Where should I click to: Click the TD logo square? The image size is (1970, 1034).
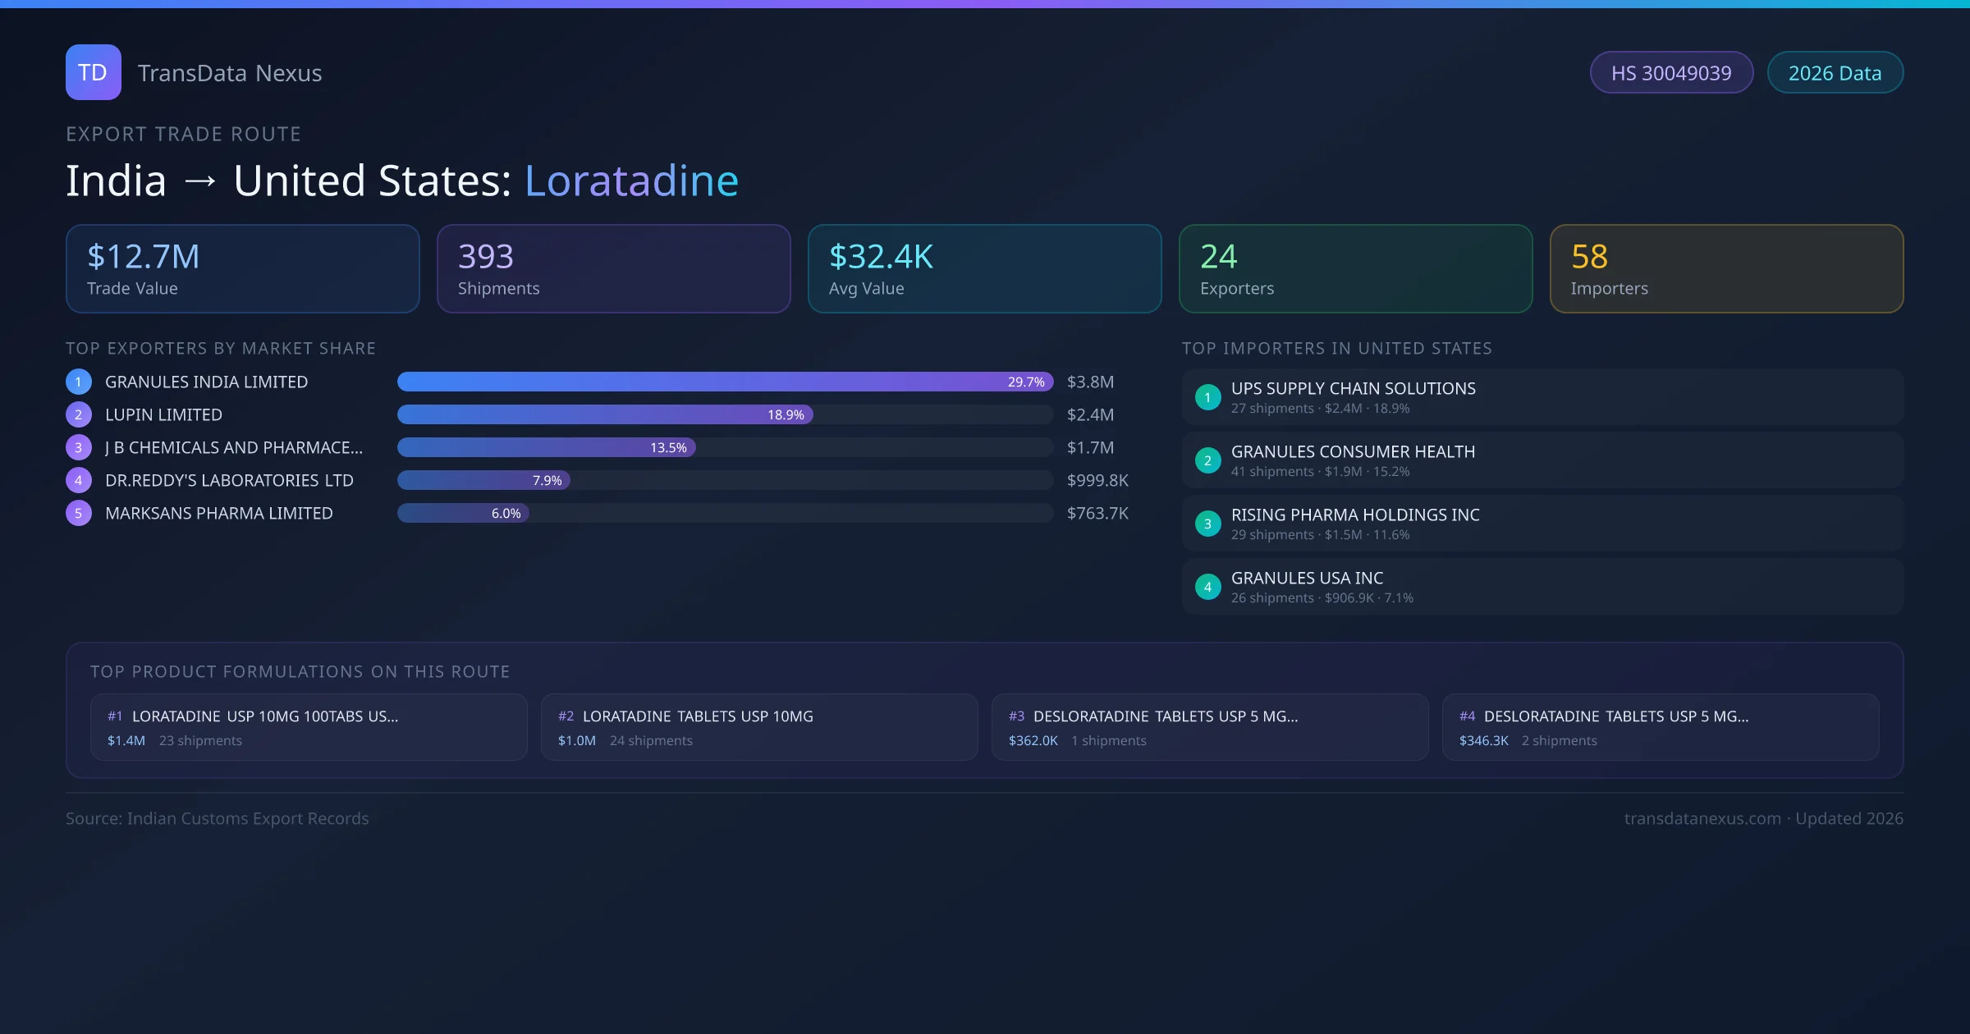click(x=94, y=72)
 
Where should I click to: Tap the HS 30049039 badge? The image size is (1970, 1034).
click(x=1671, y=73)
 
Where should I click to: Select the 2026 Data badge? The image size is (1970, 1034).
click(x=1835, y=73)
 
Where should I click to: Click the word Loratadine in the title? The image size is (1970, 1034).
click(x=631, y=181)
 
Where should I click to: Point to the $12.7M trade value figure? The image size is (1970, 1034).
click(x=144, y=257)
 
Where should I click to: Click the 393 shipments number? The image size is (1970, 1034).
click(x=486, y=257)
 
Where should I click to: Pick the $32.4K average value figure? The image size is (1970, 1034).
click(x=881, y=257)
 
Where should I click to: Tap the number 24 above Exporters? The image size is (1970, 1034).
click(x=1218, y=257)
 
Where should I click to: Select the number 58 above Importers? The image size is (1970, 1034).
click(x=1589, y=257)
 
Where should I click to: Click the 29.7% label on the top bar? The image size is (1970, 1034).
click(x=1026, y=382)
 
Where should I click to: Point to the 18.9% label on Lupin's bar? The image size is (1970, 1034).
click(x=786, y=415)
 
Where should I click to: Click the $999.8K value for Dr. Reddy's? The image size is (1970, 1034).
click(x=1097, y=481)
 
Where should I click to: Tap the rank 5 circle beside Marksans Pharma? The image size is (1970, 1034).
click(x=79, y=514)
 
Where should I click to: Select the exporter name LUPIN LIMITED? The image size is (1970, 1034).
click(x=163, y=415)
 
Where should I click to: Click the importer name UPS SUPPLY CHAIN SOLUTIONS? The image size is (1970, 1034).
click(x=1353, y=389)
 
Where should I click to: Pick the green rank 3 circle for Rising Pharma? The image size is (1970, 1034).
click(x=1207, y=524)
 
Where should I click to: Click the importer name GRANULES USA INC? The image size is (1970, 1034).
click(x=1307, y=579)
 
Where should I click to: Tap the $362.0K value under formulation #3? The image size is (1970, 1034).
click(x=1033, y=741)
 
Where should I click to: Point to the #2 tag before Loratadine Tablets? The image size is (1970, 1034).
click(x=566, y=716)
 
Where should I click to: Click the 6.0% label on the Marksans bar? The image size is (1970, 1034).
click(x=506, y=514)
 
